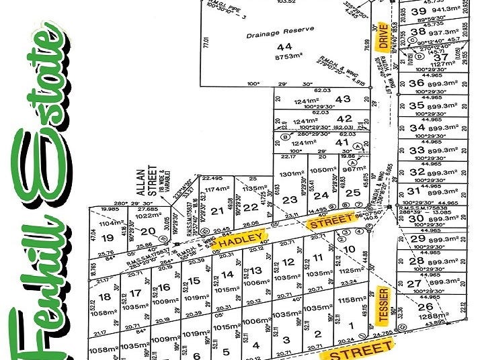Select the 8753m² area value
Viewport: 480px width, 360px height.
coord(287,58)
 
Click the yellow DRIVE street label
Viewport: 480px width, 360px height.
coord(383,37)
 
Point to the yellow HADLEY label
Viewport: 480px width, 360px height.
coord(240,240)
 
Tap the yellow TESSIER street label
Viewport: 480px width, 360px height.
coord(382,304)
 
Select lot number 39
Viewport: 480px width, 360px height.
coord(418,11)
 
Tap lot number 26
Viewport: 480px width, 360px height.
coord(425,306)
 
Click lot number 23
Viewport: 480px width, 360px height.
coord(290,199)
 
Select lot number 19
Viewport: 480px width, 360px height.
coord(107,237)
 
